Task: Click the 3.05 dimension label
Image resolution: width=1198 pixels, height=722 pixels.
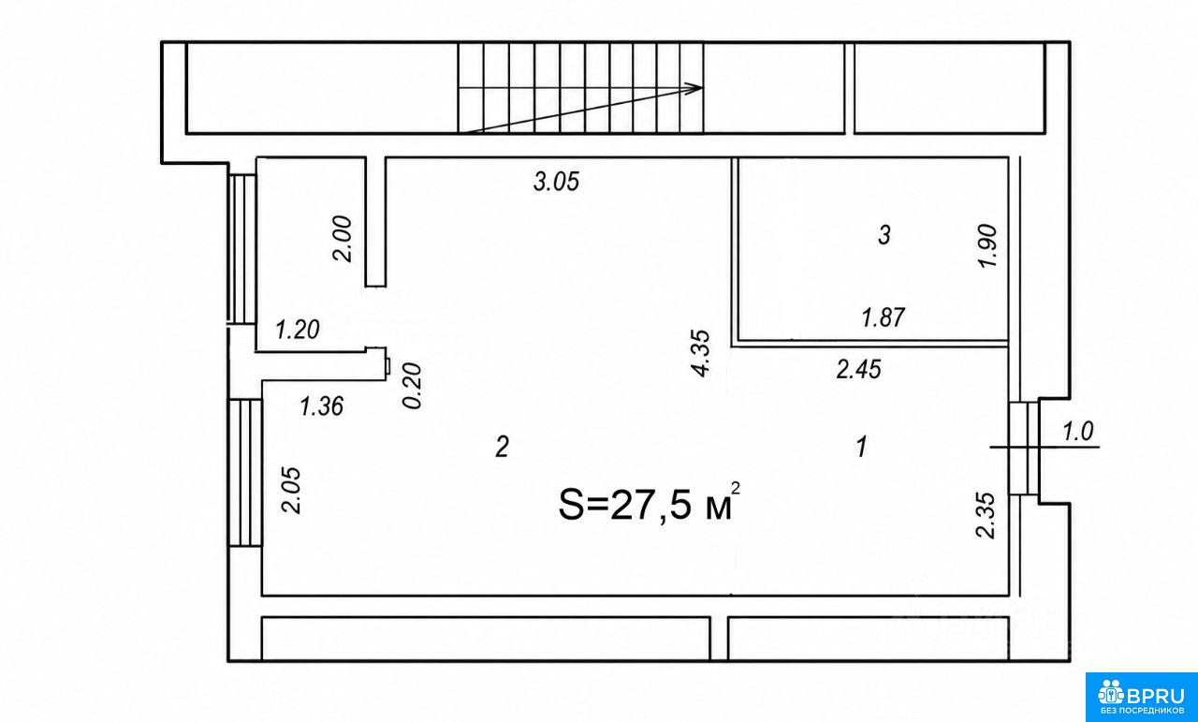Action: (556, 182)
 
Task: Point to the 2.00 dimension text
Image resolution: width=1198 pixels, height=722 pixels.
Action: (343, 239)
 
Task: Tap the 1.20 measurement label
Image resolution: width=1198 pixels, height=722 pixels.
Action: (298, 330)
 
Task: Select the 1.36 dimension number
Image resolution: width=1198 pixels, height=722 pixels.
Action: (321, 406)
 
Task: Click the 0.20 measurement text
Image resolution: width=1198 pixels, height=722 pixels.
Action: (413, 386)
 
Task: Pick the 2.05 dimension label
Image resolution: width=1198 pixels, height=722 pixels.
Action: (292, 491)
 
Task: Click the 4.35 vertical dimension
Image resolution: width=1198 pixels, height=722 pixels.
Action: (701, 353)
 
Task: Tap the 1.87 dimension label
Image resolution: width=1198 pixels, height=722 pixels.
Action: (883, 317)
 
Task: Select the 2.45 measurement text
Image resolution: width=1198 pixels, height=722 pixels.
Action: (859, 370)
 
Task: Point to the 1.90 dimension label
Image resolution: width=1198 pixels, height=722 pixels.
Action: (987, 245)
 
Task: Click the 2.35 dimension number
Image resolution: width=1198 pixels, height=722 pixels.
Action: (986, 515)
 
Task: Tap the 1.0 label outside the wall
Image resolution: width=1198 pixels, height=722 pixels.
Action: (1077, 432)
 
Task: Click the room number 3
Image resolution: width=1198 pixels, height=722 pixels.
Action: (884, 235)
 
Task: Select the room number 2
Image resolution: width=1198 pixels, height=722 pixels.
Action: (502, 447)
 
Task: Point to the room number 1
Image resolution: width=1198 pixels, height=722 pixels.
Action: (861, 447)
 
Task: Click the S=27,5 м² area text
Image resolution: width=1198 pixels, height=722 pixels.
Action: (650, 503)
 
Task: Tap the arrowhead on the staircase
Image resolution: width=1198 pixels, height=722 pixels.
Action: (697, 88)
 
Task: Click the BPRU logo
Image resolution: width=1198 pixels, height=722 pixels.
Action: (1141, 697)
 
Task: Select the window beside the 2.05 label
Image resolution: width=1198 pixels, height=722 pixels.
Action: (245, 473)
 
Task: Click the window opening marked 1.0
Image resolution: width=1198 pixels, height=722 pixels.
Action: (1024, 448)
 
